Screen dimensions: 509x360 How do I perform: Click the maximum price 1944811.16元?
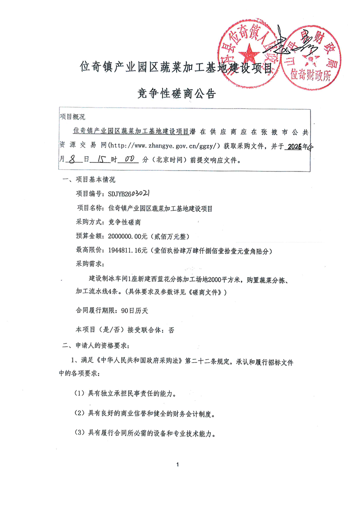128,250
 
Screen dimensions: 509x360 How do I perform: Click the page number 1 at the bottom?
178,465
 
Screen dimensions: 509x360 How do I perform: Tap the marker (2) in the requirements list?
79,413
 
